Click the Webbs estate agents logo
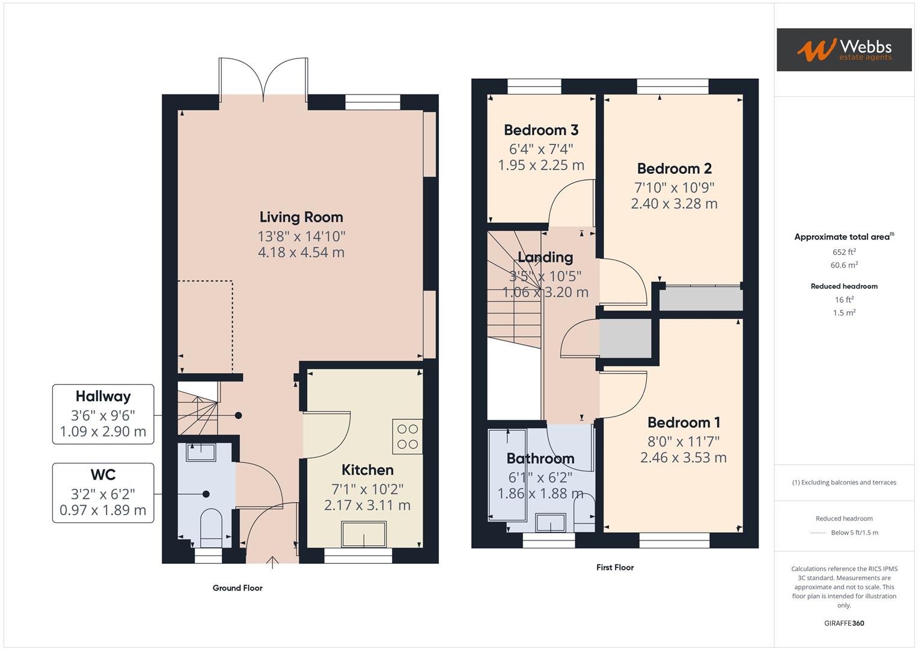[843, 49]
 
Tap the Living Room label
[301, 217]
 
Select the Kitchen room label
[367, 469]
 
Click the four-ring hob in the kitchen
[407, 436]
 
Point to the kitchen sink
[364, 533]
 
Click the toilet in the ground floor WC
[210, 525]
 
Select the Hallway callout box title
[103, 396]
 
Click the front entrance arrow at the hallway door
[272, 562]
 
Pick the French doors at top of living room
[264, 78]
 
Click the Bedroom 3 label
[541, 130]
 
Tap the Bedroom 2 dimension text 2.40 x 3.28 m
[674, 204]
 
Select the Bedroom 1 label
[684, 422]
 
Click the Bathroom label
[540, 459]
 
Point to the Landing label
[545, 257]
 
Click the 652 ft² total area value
[844, 252]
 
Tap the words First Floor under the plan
[614, 567]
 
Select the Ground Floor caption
[237, 588]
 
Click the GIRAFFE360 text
[844, 623]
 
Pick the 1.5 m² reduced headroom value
[844, 313]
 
